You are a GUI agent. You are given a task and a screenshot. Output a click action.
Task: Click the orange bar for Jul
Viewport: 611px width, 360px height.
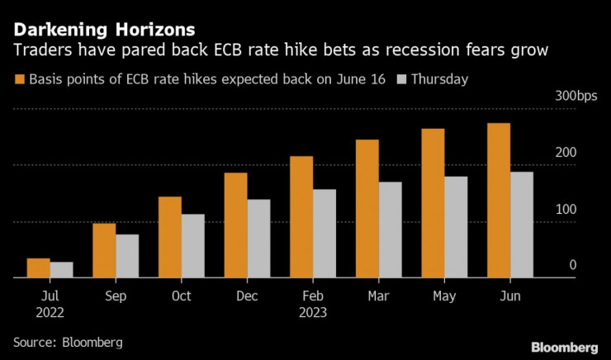tap(38, 268)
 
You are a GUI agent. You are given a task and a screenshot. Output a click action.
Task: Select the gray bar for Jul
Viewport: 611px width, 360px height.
tap(61, 270)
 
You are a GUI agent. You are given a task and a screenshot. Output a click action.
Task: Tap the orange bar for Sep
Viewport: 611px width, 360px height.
tap(104, 251)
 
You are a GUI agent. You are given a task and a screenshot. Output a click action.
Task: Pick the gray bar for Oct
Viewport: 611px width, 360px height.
tap(193, 246)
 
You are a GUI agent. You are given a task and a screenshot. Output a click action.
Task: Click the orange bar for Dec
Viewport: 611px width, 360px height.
tap(236, 225)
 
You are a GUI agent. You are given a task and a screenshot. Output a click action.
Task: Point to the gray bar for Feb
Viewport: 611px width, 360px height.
tap(324, 234)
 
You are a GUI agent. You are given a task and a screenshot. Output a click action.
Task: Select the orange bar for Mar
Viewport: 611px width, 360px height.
tap(367, 209)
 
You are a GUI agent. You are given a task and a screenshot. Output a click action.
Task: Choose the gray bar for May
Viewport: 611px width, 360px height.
tap(456, 227)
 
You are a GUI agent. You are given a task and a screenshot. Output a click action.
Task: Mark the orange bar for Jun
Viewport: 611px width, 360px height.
tap(499, 201)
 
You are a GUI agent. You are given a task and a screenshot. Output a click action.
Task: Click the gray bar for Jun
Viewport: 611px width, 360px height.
tap(522, 225)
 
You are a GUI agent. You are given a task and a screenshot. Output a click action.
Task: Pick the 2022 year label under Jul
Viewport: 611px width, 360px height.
tap(50, 313)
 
